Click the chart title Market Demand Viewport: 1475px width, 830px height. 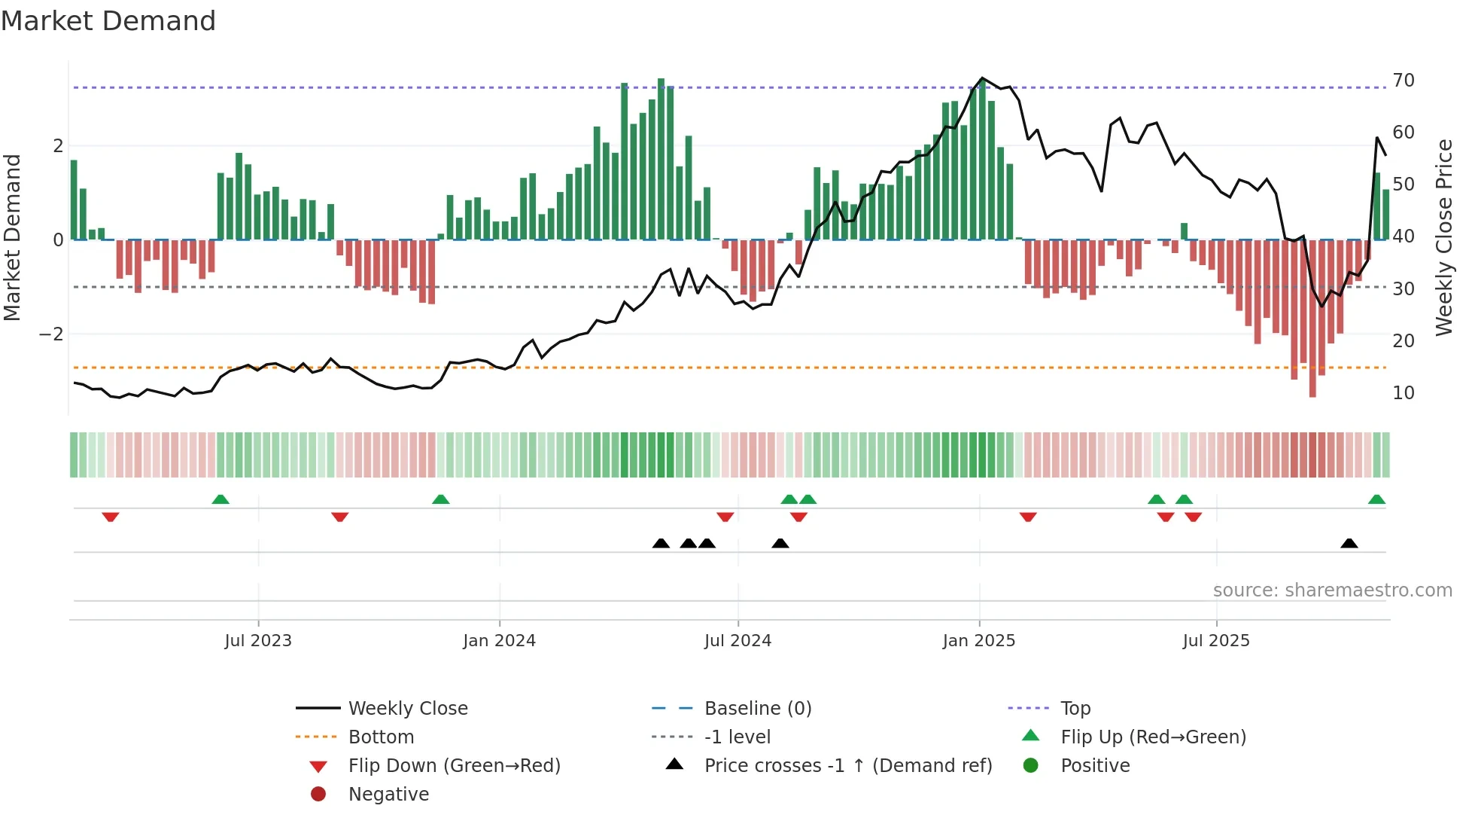point(108,21)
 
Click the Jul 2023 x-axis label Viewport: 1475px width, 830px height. point(258,641)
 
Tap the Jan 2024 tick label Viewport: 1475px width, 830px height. point(499,641)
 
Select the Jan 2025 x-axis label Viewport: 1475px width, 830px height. point(978,641)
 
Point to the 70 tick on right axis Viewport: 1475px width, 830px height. point(1403,81)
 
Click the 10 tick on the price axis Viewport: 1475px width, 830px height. point(1403,393)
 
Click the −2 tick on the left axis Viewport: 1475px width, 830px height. point(51,334)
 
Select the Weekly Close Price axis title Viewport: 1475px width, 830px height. point(1443,237)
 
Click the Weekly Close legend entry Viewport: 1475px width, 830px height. point(407,709)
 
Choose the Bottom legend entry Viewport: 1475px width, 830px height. point(381,737)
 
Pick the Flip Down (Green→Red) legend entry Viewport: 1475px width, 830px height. point(454,766)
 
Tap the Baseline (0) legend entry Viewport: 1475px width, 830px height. point(757,709)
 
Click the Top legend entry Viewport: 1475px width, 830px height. point(1075,709)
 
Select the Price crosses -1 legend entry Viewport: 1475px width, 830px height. point(847,766)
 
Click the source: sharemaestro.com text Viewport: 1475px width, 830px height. point(1332,590)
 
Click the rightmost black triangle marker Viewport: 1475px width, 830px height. point(1349,543)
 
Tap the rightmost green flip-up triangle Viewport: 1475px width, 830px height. point(1376,499)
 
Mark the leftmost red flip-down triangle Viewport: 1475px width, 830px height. point(111,517)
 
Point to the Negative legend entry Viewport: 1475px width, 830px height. point(388,795)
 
